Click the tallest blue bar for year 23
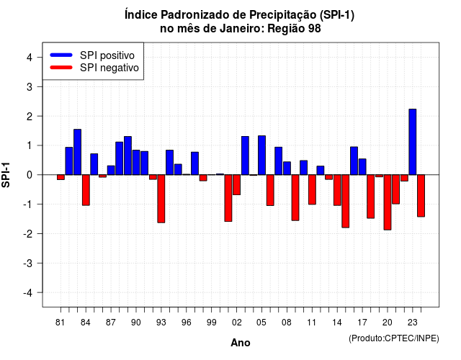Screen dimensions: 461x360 413,142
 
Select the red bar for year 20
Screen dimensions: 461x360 388,202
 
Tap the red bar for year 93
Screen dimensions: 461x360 161,199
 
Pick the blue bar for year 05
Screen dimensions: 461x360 261,156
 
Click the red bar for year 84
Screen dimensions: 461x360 86,190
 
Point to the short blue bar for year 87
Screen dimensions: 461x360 111,170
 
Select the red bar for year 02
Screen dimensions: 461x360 237,184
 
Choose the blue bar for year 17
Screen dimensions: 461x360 362,166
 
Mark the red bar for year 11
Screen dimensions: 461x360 312,189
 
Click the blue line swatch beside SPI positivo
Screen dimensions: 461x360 61,55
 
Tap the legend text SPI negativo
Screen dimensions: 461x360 109,68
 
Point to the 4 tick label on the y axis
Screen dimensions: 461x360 30,58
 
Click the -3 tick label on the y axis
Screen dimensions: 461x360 28,264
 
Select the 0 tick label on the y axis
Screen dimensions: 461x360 30,175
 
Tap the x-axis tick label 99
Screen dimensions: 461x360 211,323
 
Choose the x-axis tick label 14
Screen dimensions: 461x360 337,323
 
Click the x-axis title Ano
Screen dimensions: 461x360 241,343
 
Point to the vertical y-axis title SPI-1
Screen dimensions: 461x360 6,175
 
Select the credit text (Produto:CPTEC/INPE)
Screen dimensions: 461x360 394,338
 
